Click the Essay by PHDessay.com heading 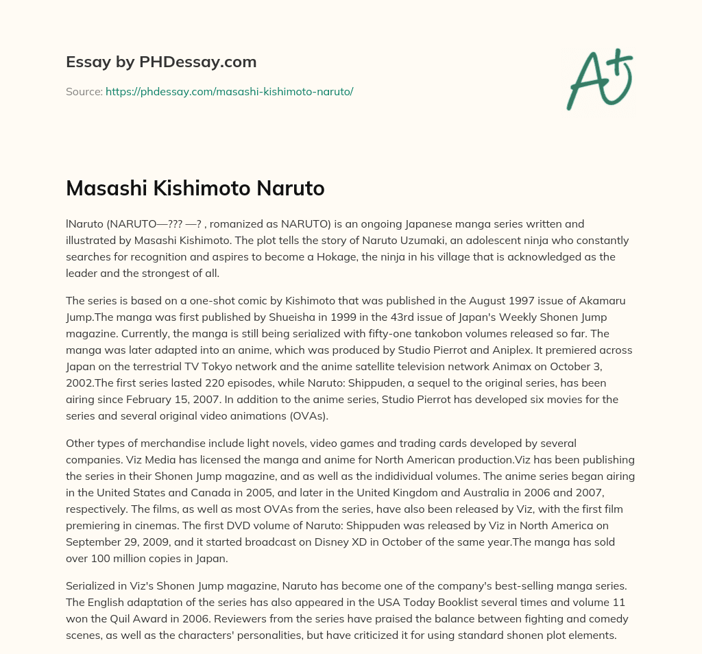click(x=161, y=62)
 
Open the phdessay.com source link click(x=229, y=91)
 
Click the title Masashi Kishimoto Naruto click(x=195, y=189)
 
